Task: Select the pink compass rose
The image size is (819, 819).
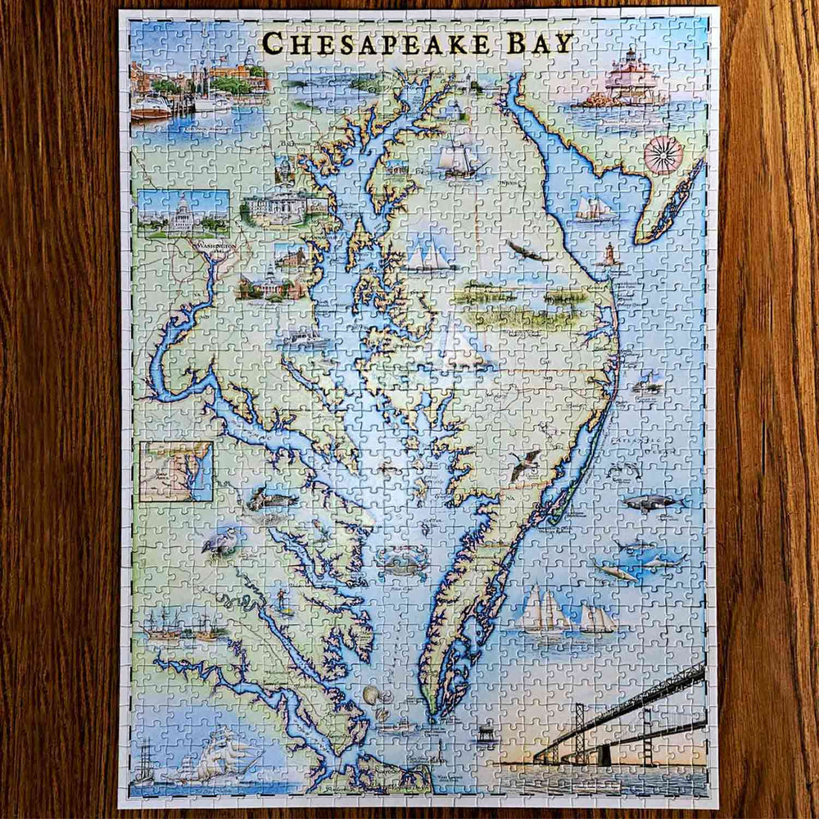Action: click(x=663, y=156)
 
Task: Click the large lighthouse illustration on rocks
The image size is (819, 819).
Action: click(x=629, y=82)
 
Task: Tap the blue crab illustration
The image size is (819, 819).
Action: click(x=401, y=563)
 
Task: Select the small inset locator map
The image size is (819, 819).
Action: click(x=175, y=471)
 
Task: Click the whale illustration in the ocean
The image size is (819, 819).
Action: click(x=651, y=501)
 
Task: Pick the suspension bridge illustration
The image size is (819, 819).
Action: click(x=622, y=721)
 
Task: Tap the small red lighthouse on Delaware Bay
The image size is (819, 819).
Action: click(x=609, y=256)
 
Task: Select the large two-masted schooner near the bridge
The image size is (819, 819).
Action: click(x=545, y=610)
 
